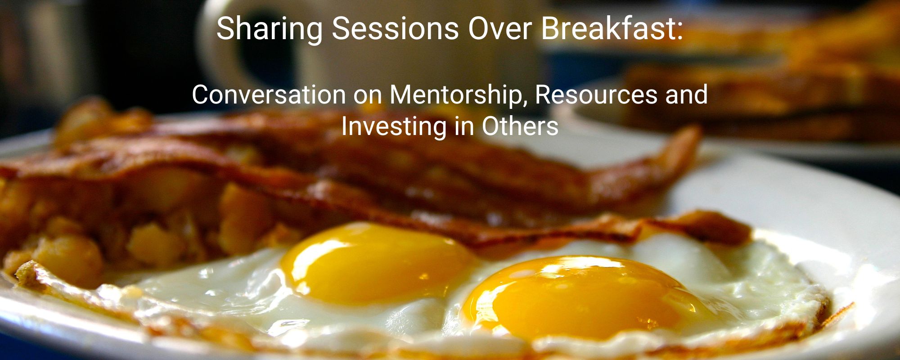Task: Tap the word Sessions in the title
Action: (x=395, y=28)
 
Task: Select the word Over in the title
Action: (x=499, y=28)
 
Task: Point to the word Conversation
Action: (x=269, y=95)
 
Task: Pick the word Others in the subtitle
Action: (x=520, y=126)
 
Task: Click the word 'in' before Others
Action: (x=464, y=127)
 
